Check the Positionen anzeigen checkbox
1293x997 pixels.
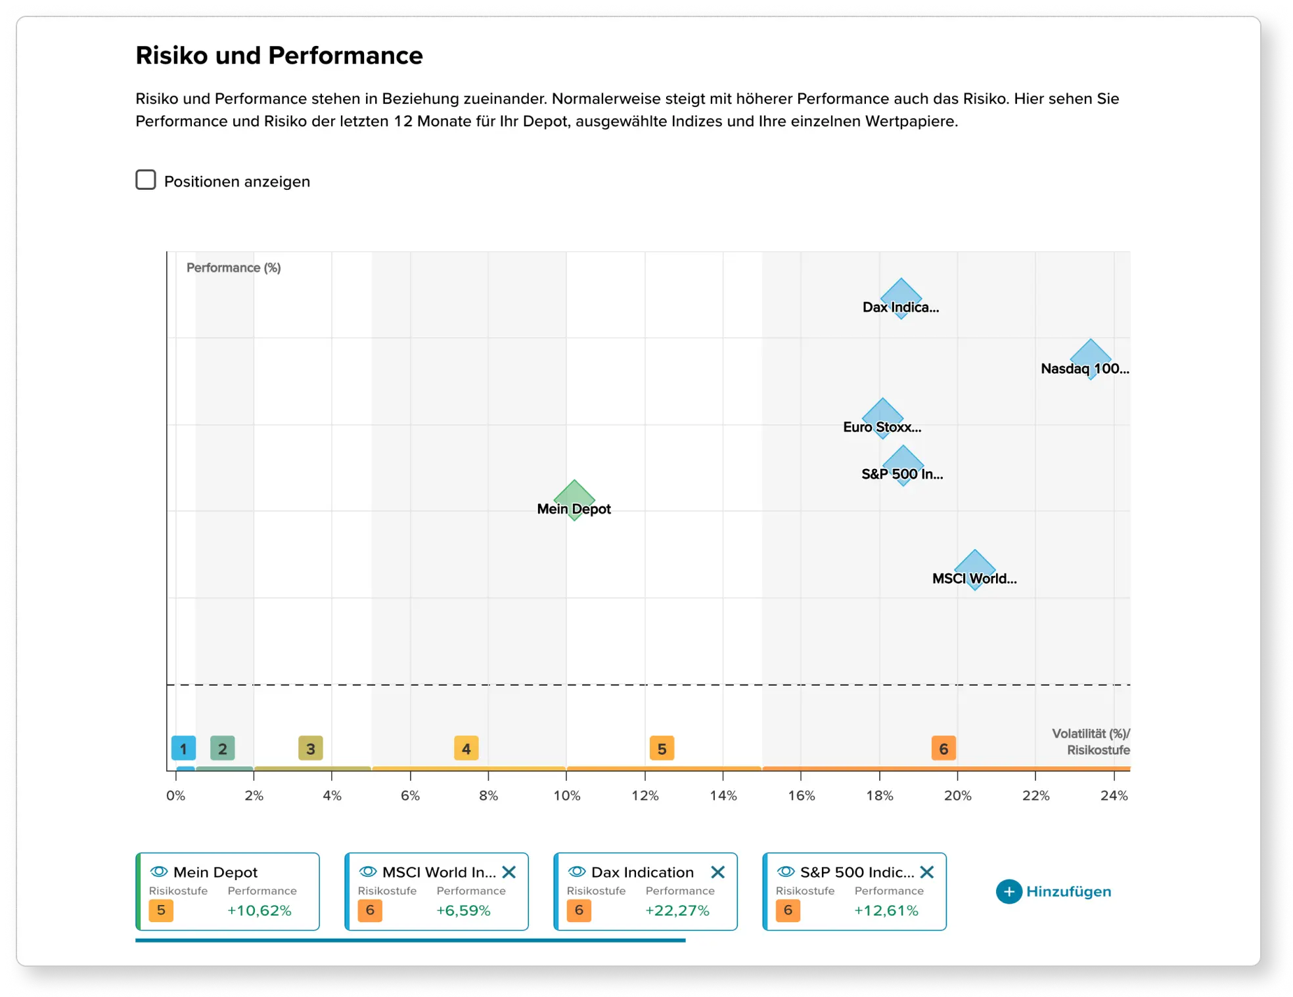coord(146,180)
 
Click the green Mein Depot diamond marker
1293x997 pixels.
coord(574,500)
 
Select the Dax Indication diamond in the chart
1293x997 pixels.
coord(901,298)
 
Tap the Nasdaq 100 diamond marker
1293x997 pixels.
coord(1091,359)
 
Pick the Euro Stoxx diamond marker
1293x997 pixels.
coord(882,418)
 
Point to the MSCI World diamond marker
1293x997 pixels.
coord(974,569)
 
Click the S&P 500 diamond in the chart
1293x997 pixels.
coord(903,465)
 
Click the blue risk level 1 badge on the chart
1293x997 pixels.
coord(183,748)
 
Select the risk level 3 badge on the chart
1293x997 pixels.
coord(310,748)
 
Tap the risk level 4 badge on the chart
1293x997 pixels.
coord(466,748)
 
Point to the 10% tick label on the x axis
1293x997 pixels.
coord(566,796)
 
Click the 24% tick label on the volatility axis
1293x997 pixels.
coord(1114,796)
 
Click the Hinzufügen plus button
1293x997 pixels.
coord(1009,891)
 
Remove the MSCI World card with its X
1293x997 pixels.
coord(509,872)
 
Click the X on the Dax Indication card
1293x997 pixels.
coord(718,872)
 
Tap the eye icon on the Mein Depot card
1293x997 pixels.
coord(159,872)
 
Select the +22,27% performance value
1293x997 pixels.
coord(677,910)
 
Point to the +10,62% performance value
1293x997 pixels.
coord(260,910)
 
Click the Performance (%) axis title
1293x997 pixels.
coord(233,268)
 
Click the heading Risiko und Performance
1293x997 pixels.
coord(279,56)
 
